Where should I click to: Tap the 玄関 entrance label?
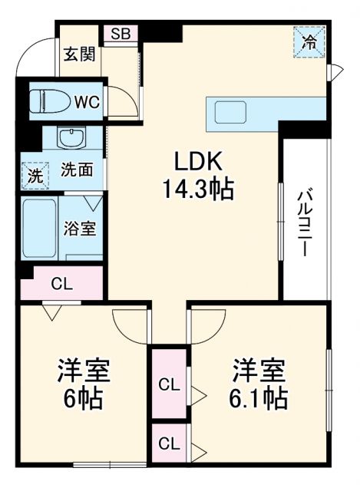(79, 54)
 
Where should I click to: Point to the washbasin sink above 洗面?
(73, 139)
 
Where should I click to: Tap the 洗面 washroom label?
(78, 170)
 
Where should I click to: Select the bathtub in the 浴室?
(39, 228)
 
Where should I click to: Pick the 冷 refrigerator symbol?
(310, 39)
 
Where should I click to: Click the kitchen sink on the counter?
(230, 113)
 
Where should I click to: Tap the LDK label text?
(197, 161)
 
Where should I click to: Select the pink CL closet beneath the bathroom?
(62, 283)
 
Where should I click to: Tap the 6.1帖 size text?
(259, 400)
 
